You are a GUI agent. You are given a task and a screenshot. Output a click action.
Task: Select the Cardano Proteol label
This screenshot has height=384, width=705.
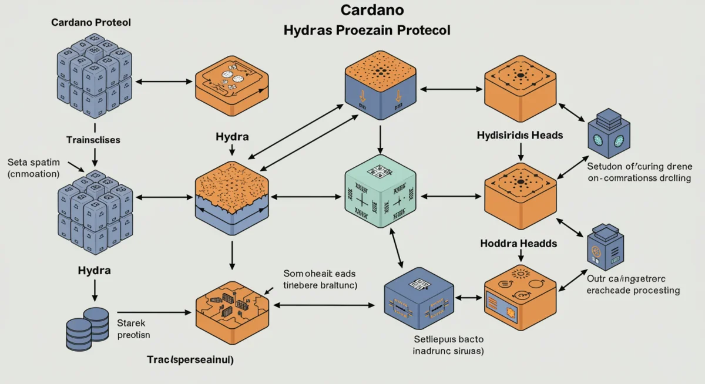(91, 23)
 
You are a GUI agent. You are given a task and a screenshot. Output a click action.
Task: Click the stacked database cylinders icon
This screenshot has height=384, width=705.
(87, 328)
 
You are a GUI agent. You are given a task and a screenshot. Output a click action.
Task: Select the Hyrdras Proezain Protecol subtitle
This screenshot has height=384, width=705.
(367, 31)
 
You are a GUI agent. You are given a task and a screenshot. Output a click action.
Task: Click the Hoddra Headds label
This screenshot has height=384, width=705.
(519, 243)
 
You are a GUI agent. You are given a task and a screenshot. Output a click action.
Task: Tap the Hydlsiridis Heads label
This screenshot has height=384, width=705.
(519, 135)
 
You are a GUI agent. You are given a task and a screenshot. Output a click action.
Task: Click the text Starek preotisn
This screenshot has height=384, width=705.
(135, 329)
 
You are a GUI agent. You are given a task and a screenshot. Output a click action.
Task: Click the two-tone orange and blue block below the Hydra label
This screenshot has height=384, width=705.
(232, 197)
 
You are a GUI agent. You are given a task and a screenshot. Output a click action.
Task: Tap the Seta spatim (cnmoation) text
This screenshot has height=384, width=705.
(33, 167)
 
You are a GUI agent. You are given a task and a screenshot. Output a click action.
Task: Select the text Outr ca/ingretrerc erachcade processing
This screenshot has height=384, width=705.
(633, 285)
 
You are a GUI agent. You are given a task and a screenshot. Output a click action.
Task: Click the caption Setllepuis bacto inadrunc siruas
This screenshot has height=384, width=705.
(448, 345)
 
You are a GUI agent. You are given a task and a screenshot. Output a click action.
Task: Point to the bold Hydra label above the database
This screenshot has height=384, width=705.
(94, 271)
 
